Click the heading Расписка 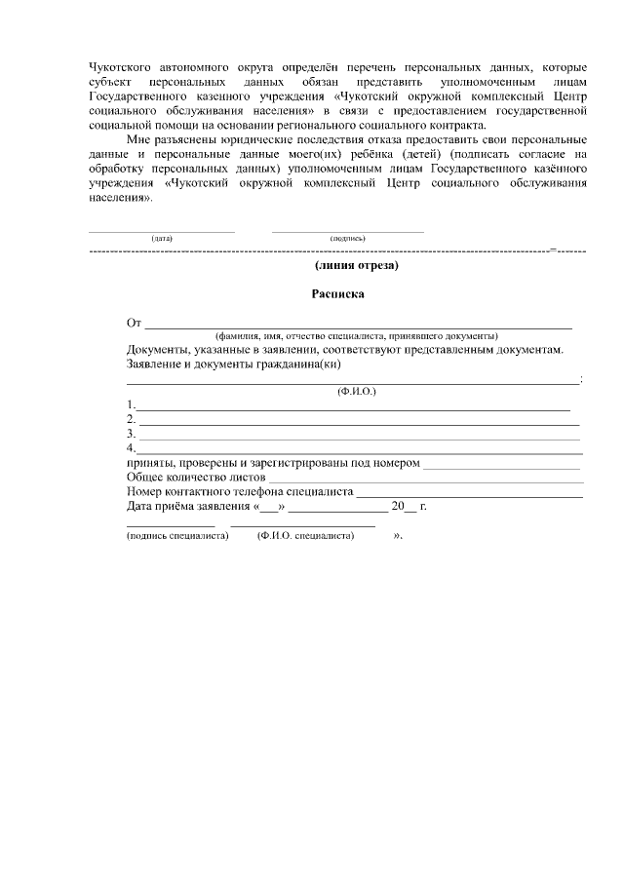[338, 292]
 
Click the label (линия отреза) [357, 264]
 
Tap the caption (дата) [162, 238]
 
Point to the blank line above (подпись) [347, 231]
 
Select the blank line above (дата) [162, 231]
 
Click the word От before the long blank [135, 323]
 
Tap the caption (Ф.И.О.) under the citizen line [356, 391]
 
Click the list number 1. [131, 404]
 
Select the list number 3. [131, 434]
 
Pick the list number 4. [131, 448]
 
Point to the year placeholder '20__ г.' [409, 507]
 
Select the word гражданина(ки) [297, 364]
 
